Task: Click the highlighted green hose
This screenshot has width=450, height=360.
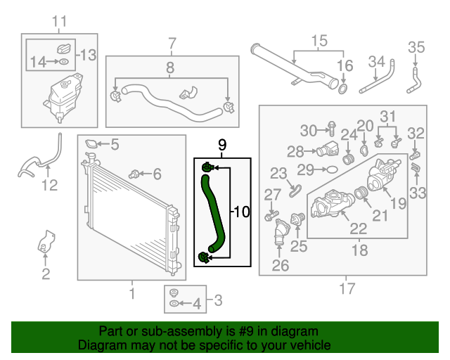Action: click(211, 211)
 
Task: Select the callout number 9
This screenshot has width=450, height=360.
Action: click(222, 147)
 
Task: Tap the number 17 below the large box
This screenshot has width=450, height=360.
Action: click(347, 288)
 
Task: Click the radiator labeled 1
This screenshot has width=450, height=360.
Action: click(127, 218)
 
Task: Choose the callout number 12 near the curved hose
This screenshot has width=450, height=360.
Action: click(49, 186)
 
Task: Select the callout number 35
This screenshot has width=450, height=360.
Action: click(417, 48)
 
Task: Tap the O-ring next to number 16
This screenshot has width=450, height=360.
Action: click(342, 89)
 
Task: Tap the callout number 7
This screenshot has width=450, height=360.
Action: click(172, 44)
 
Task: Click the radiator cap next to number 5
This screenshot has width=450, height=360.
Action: click(91, 145)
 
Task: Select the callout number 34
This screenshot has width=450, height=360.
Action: click(377, 62)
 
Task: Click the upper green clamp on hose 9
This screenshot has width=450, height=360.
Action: click(207, 167)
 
